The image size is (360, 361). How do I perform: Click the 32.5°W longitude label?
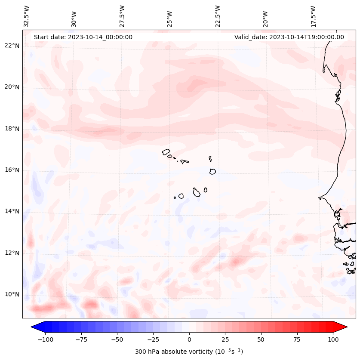(27, 16)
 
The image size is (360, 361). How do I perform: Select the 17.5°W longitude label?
(313, 16)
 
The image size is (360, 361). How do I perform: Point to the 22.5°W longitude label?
(218, 16)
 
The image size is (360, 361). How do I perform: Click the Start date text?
(83, 37)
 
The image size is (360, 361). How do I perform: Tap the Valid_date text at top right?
(289, 37)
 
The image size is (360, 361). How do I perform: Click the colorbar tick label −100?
(45, 339)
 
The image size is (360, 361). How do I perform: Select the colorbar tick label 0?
(189, 339)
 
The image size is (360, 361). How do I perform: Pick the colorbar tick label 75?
(297, 339)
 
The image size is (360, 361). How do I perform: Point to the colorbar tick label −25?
(153, 339)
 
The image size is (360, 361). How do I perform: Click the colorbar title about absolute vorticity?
(189, 352)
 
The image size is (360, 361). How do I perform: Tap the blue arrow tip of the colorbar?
(34, 327)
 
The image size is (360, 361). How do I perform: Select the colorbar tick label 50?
(261, 339)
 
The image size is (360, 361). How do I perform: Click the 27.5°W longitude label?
(122, 16)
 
